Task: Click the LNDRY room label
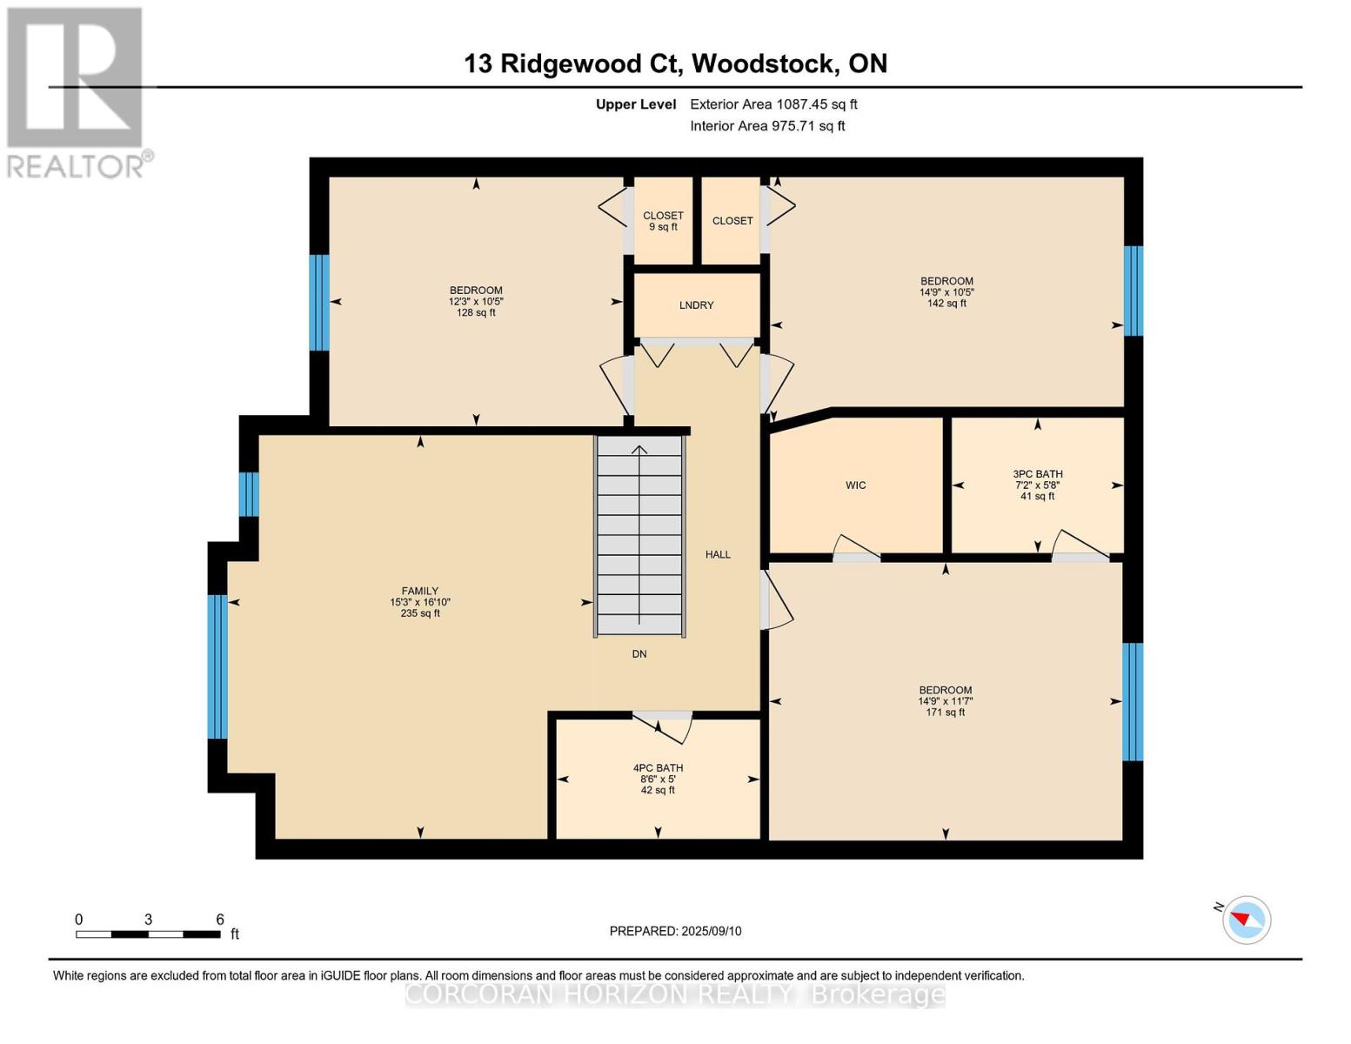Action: (696, 305)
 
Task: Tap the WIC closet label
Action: (855, 485)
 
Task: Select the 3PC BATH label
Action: (1037, 474)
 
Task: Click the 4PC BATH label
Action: (658, 768)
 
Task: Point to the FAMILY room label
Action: (419, 591)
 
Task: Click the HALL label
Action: (718, 554)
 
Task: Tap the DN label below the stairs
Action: (639, 654)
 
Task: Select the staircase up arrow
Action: (639, 450)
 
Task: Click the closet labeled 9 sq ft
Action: (663, 221)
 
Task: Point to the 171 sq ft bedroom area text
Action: (946, 713)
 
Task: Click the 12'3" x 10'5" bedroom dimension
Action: (476, 301)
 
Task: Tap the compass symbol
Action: (1246, 919)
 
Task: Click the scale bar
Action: (148, 934)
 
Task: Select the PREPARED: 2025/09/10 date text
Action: (675, 931)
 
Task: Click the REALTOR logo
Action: (77, 91)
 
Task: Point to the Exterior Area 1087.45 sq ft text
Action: (773, 104)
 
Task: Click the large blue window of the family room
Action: (217, 666)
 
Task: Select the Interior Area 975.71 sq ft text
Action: (767, 126)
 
